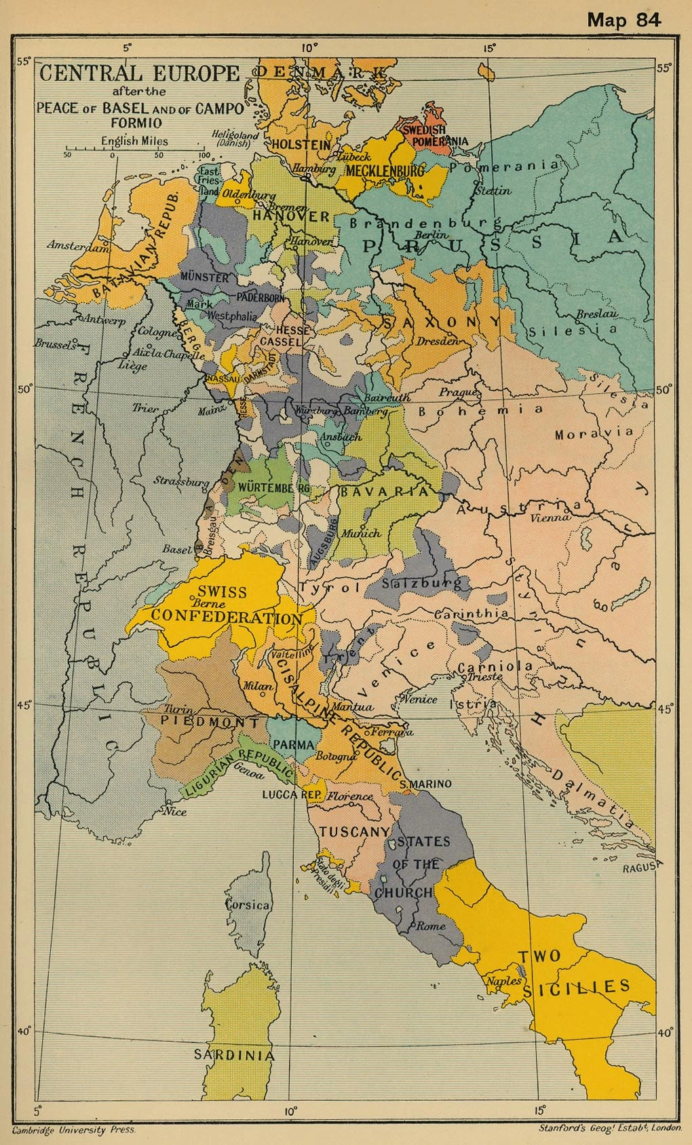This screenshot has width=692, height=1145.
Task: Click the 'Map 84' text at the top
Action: [x=623, y=19]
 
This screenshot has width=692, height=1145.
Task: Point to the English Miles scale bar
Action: [x=134, y=148]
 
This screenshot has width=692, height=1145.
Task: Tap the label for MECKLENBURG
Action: [x=385, y=170]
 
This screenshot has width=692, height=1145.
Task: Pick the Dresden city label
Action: [x=438, y=341]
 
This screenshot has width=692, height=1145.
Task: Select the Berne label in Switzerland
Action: [x=209, y=603]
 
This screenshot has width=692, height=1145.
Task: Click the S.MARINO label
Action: [x=425, y=784]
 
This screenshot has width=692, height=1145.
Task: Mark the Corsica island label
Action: [x=248, y=905]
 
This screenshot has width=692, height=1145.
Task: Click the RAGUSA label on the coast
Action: [x=641, y=867]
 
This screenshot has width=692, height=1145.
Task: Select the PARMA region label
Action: [x=293, y=745]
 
